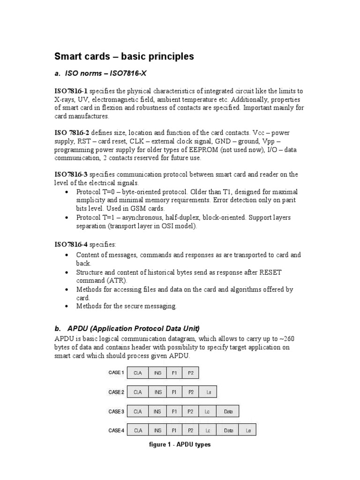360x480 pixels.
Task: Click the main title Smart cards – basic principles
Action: [x=124, y=57]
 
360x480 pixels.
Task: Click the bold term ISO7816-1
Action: [x=71, y=91]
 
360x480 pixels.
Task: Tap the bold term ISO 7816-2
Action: [x=73, y=133]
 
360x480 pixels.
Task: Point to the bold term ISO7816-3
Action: [x=71, y=174]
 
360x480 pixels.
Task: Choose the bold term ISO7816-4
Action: [x=71, y=244]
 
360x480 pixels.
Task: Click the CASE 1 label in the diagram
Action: [x=116, y=373]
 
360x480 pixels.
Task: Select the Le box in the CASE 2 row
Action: [x=208, y=392]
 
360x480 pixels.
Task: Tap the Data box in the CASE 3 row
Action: [x=228, y=412]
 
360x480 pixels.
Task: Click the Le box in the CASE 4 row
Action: [x=248, y=430]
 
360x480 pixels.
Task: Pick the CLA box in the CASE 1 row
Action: [x=138, y=373]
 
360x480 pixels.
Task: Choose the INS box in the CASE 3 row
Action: [x=157, y=412]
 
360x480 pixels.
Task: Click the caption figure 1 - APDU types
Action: [x=180, y=444]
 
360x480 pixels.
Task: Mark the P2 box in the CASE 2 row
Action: [x=190, y=392]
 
